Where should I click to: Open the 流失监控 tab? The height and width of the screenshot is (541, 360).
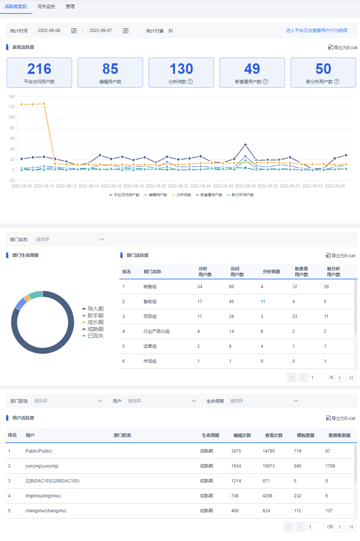(x=46, y=7)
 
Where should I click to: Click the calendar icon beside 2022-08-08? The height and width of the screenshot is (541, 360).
(x=74, y=31)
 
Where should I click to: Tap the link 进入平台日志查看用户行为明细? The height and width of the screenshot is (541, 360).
(x=317, y=31)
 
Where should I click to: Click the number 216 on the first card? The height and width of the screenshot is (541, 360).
(x=39, y=69)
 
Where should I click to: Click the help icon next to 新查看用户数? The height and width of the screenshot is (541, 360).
(x=265, y=81)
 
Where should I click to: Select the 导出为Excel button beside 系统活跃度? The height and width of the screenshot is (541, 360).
(x=343, y=48)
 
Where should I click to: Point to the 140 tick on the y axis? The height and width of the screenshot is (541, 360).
(x=11, y=97)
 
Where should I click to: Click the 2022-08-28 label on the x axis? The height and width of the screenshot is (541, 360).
(x=245, y=186)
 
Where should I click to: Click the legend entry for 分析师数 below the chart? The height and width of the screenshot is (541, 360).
(x=181, y=195)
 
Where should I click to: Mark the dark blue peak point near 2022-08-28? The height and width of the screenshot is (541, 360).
(x=245, y=145)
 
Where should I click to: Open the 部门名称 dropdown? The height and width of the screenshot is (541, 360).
(x=70, y=239)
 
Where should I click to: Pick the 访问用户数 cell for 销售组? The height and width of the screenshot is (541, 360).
(x=231, y=287)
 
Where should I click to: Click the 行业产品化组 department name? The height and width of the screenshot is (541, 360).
(x=156, y=331)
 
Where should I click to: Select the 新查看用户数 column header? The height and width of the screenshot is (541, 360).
(x=301, y=272)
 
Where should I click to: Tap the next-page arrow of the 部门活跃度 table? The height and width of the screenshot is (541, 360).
(x=340, y=378)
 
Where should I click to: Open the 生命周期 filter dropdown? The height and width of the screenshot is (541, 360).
(x=264, y=401)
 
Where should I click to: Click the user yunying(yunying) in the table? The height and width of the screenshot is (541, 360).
(x=42, y=466)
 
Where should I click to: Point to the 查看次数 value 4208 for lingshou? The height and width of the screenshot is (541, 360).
(x=267, y=496)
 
